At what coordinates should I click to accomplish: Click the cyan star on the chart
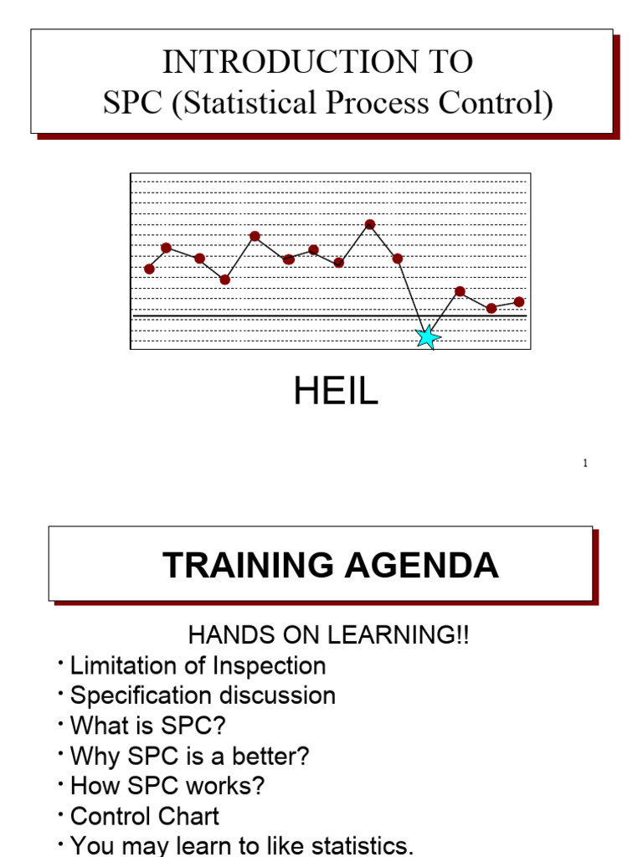(x=428, y=336)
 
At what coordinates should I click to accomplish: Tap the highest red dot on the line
(x=369, y=224)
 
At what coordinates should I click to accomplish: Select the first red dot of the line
(x=149, y=269)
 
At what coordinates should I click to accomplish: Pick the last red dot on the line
(x=519, y=301)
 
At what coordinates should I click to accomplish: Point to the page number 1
(x=585, y=464)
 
